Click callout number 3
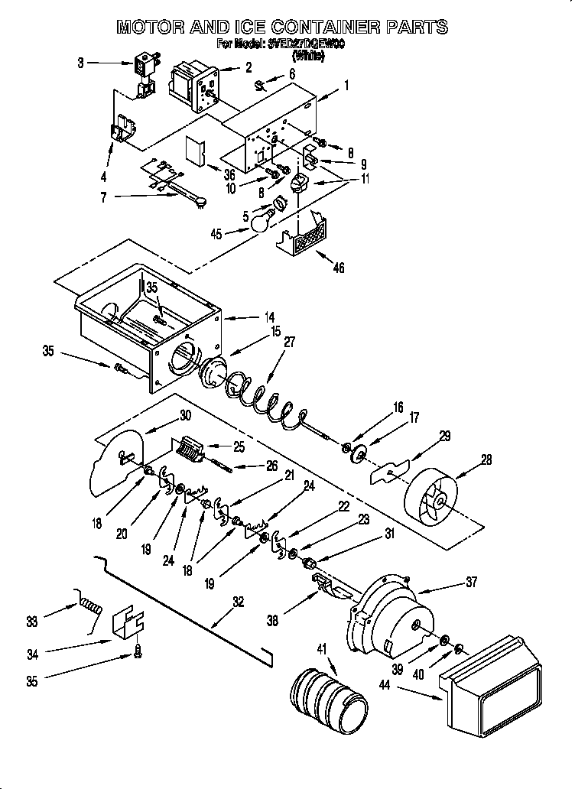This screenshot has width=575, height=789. pos(81,63)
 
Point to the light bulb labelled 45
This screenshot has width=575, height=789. pos(262,221)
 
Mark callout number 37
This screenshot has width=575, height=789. pos(471,583)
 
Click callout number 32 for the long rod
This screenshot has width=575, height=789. pos(238,602)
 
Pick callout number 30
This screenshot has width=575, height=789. pos(184,416)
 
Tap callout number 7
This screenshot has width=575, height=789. pos(81,198)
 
